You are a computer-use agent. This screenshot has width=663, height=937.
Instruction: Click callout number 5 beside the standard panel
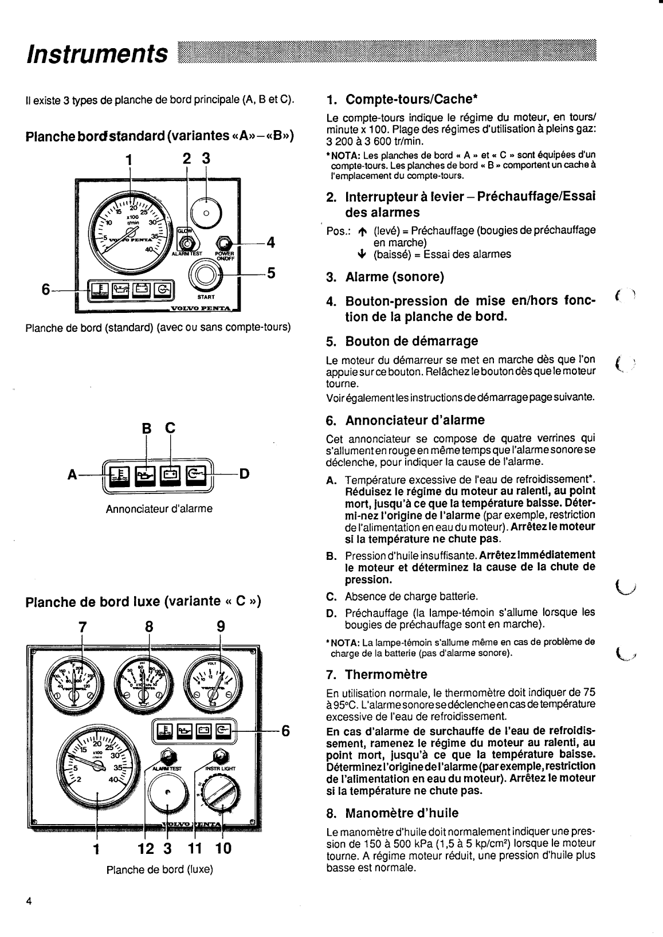(270, 273)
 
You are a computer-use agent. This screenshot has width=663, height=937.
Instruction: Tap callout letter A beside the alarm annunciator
(72, 475)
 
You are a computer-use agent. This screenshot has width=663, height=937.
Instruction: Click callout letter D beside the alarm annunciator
(244, 474)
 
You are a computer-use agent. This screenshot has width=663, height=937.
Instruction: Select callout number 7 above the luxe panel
(83, 627)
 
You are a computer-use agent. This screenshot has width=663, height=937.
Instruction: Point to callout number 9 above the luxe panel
(221, 627)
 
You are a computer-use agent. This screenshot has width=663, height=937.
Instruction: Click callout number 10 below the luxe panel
(223, 848)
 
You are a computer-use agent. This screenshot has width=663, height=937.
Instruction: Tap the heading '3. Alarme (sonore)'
(385, 277)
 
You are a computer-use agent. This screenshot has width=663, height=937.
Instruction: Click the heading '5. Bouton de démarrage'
(402, 342)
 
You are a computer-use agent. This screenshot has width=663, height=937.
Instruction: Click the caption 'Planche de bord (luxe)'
(159, 869)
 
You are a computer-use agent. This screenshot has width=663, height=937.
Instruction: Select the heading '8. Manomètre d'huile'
(393, 813)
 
